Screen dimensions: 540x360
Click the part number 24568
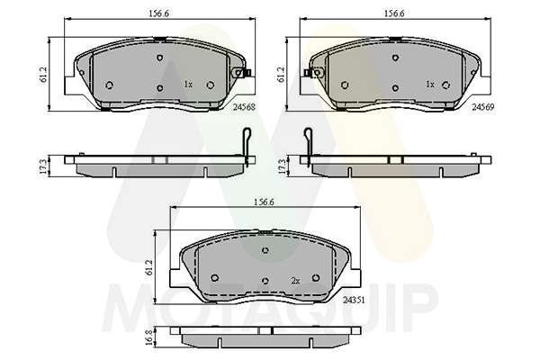(245, 107)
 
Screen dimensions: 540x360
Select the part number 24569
(482, 107)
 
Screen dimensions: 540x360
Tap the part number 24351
(354, 300)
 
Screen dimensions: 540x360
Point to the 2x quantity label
(295, 281)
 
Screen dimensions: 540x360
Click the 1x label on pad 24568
(188, 85)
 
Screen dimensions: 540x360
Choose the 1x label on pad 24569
(430, 85)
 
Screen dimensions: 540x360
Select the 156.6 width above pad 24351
(264, 202)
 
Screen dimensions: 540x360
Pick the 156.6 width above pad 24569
(394, 13)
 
